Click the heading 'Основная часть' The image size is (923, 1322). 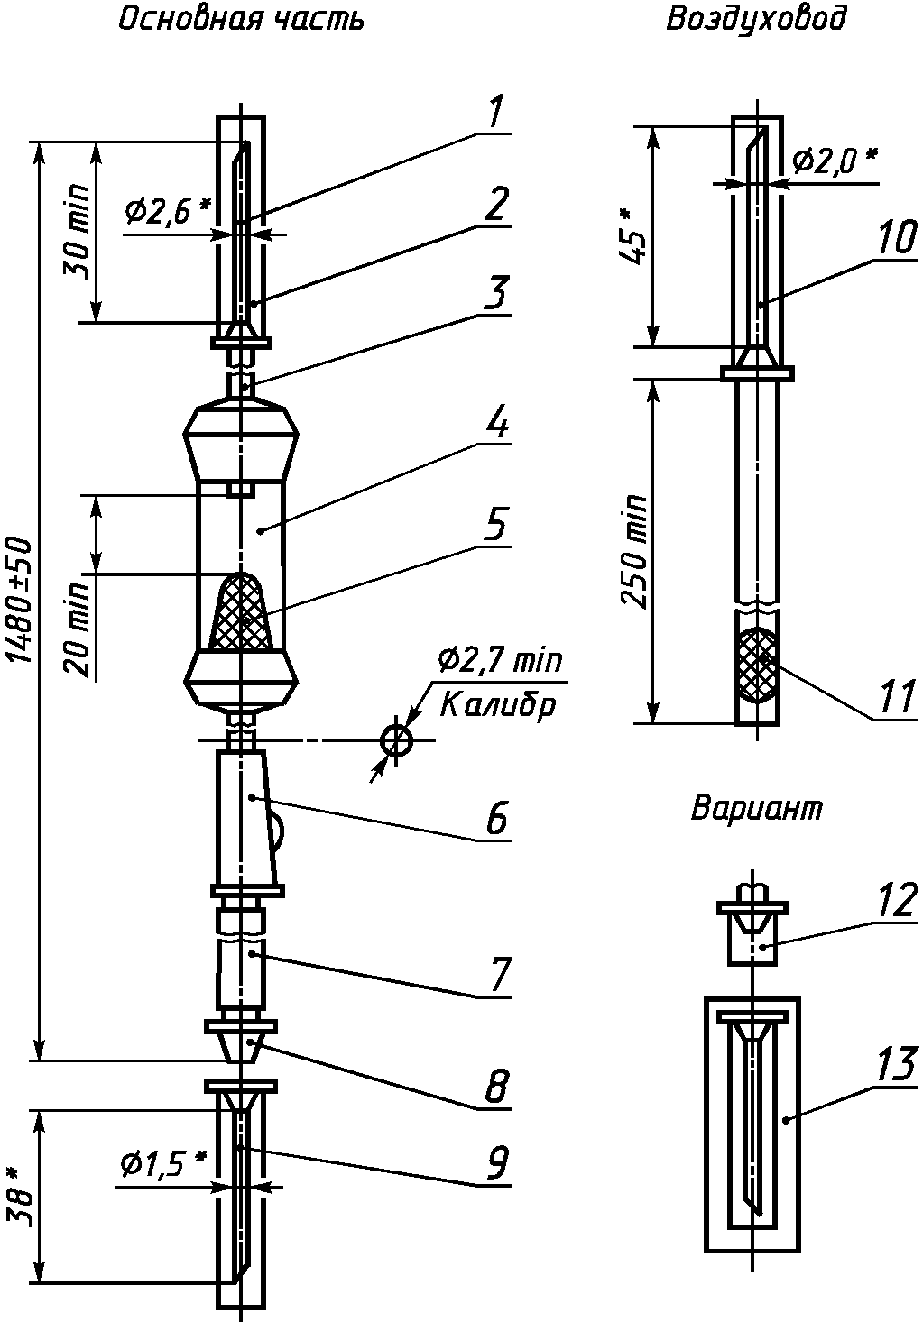(x=240, y=20)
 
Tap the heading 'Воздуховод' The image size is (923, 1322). (x=756, y=20)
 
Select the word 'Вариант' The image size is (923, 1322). (x=756, y=808)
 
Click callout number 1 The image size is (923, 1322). (x=494, y=112)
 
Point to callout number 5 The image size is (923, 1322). (x=494, y=523)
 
